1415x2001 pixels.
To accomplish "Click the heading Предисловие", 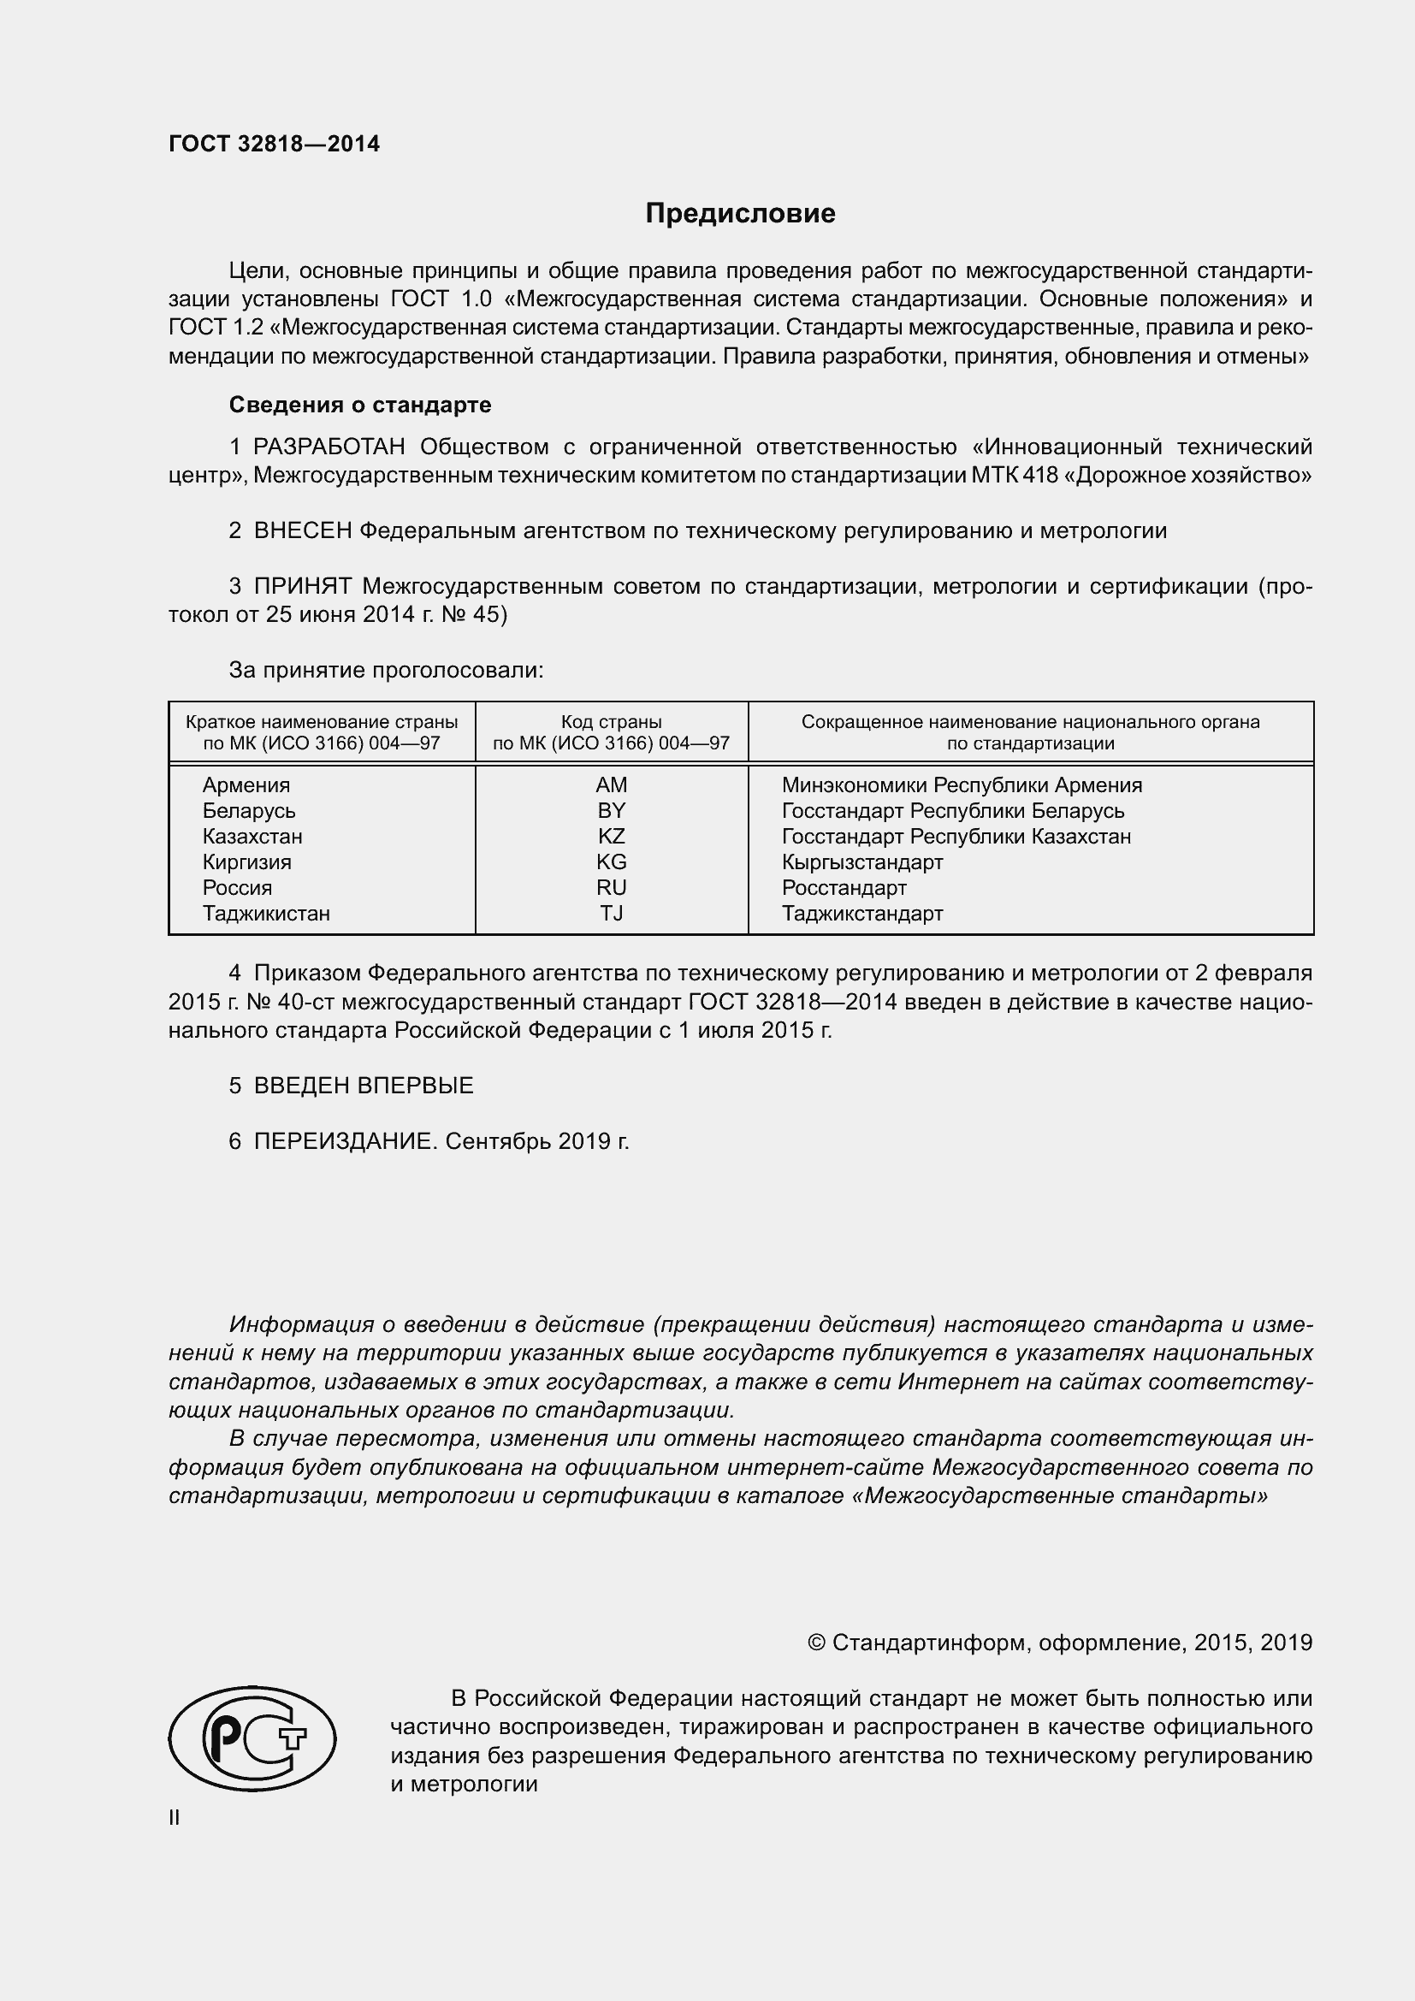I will [740, 214].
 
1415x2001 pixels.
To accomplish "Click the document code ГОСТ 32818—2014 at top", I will [274, 145].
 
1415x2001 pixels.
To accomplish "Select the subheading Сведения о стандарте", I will [360, 405].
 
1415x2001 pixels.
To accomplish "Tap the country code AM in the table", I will [611, 785].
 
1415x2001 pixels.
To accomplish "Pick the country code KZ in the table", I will [611, 837].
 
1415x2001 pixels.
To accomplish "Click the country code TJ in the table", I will [611, 914].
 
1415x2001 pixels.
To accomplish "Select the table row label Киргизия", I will [246, 862].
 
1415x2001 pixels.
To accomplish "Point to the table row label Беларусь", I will [248, 810].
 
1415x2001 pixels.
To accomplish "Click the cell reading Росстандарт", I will [844, 888].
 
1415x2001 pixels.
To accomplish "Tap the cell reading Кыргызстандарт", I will [861, 862].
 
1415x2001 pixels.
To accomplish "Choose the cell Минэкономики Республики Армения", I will [961, 785].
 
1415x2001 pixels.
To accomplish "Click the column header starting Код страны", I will [611, 732].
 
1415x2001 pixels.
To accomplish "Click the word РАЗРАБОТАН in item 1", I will [329, 447].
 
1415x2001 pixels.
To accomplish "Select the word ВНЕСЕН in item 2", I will [302, 530].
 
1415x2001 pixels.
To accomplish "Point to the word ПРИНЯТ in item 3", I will [302, 587].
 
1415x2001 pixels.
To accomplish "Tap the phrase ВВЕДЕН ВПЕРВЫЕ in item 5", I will [364, 1086].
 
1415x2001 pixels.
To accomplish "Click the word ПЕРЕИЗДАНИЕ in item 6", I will [342, 1142].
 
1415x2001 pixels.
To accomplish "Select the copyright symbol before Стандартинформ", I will [815, 1643].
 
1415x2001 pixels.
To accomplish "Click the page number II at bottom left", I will [175, 1818].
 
